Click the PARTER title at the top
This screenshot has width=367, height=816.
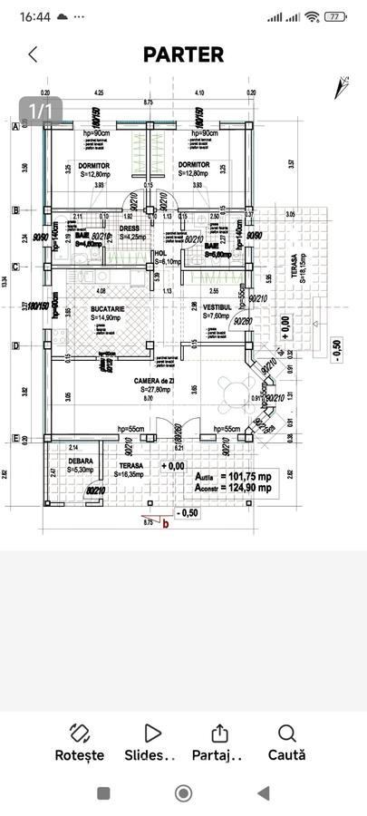click(183, 54)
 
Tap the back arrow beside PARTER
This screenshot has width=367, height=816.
click(34, 54)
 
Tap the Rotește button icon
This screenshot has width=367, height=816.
click(79, 733)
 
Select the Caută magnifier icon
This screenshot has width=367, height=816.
click(286, 733)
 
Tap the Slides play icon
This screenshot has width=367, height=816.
click(152, 733)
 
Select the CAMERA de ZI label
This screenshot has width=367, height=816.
click(151, 381)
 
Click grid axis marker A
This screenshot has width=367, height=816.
click(14, 126)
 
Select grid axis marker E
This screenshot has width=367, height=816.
click(14, 439)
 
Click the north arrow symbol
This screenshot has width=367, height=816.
click(342, 87)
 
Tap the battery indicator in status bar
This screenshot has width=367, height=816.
click(336, 16)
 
